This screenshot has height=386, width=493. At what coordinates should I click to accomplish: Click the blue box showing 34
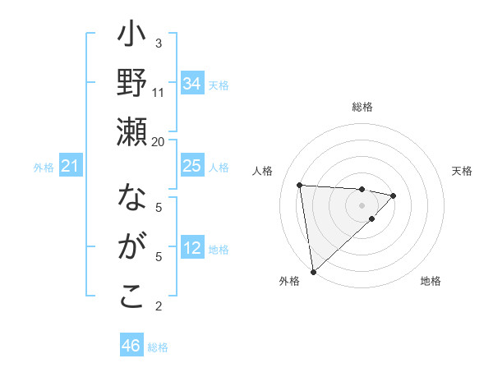tap(192, 83)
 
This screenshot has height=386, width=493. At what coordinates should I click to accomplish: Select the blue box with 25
tap(192, 166)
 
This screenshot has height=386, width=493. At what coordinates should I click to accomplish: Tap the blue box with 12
tap(192, 248)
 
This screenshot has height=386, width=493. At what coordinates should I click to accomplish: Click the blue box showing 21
tap(71, 167)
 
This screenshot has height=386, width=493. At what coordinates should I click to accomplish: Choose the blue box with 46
tap(131, 346)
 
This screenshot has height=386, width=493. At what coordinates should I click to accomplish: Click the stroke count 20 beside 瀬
tap(159, 140)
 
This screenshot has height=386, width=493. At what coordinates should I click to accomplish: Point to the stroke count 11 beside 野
tap(159, 92)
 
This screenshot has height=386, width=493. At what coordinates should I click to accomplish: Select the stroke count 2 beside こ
tap(159, 306)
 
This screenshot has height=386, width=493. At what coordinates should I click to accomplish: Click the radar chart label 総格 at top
tap(362, 107)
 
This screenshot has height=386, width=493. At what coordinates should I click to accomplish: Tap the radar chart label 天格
tap(462, 171)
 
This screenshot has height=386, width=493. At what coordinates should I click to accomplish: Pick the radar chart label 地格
tap(431, 281)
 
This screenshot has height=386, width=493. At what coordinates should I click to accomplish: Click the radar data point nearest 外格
tap(313, 271)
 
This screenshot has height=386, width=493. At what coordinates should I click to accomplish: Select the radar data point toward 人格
tap(300, 185)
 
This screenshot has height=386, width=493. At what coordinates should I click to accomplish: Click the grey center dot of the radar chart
tap(362, 204)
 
